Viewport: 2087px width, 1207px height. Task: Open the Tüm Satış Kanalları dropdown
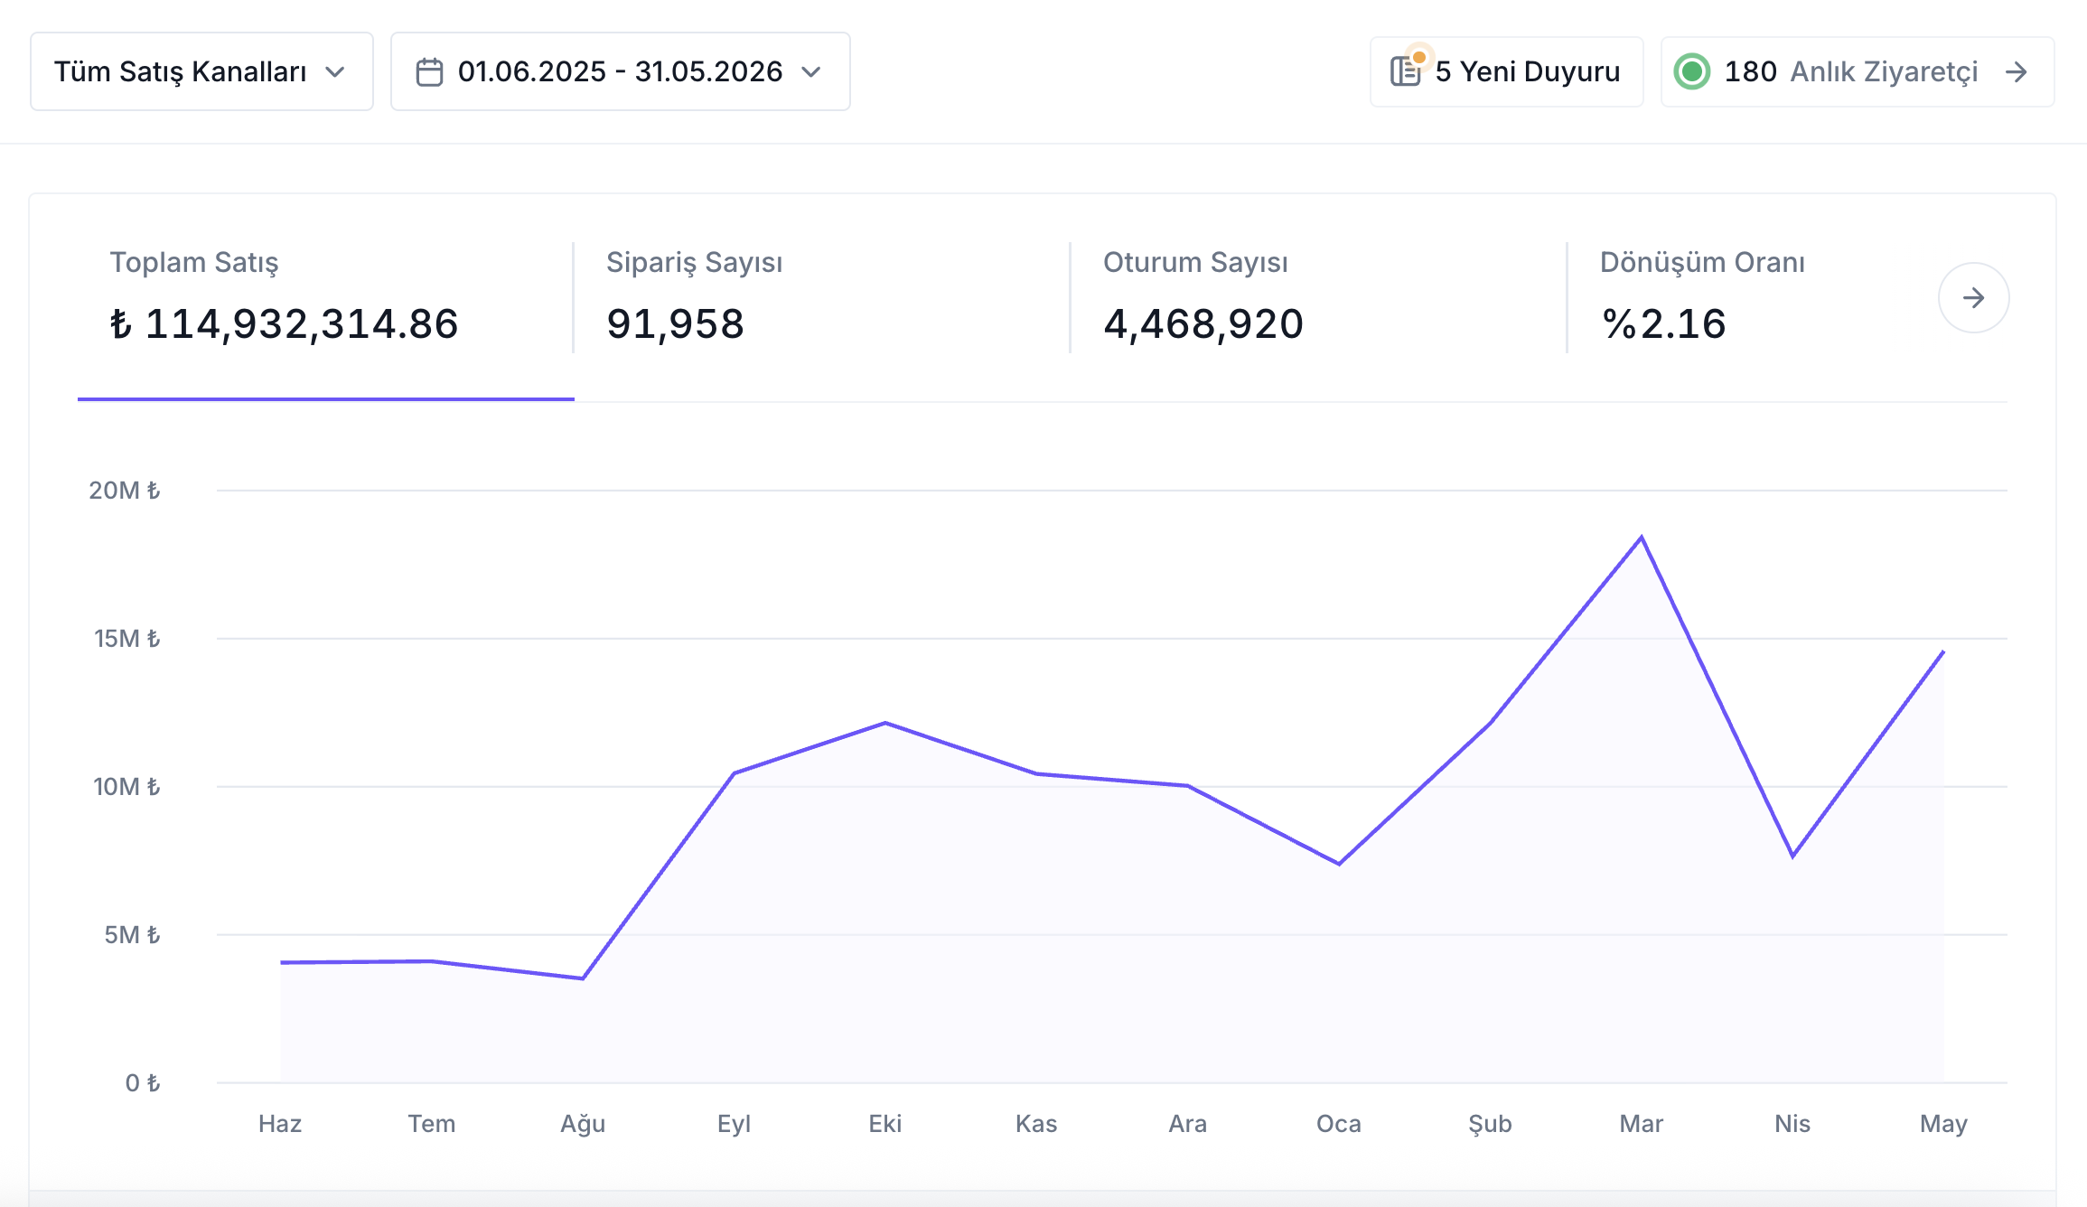click(x=201, y=71)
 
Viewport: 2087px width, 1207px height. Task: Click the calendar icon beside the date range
click(x=429, y=72)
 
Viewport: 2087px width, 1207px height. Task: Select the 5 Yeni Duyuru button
click(x=1506, y=71)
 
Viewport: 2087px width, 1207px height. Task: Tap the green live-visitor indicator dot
click(x=1691, y=71)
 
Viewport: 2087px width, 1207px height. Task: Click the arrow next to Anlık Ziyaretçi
click(x=2016, y=71)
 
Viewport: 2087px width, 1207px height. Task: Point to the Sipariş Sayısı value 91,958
click(x=675, y=323)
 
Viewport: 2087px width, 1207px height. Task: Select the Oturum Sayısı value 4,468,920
click(x=1203, y=323)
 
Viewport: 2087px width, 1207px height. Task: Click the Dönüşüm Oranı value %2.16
click(x=1663, y=323)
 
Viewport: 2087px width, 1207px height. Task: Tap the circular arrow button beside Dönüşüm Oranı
click(x=1973, y=297)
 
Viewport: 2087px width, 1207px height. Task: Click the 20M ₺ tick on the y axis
click(x=125, y=491)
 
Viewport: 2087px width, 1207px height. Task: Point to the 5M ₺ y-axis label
click(x=132, y=935)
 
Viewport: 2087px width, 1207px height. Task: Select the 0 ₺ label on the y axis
click(x=143, y=1083)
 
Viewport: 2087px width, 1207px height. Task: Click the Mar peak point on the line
click(x=1642, y=538)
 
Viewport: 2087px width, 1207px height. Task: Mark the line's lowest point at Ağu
click(x=583, y=978)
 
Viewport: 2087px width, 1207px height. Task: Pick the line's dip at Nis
click(x=1792, y=856)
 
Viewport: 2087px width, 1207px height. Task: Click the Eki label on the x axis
click(x=885, y=1124)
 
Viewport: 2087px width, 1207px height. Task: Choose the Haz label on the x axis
click(x=280, y=1124)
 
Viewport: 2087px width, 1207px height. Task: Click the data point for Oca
click(x=1339, y=864)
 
